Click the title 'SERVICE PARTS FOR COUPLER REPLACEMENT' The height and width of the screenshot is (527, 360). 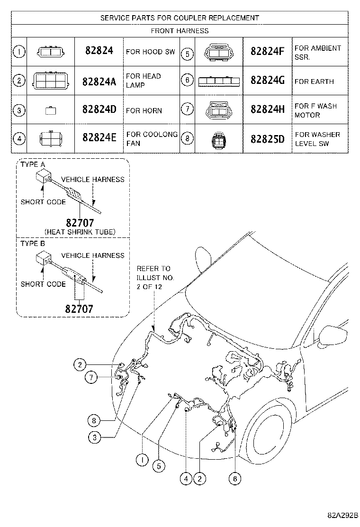[x=180, y=18]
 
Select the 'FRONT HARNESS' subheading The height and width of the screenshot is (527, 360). [x=180, y=31]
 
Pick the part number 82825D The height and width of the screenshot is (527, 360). [x=267, y=139]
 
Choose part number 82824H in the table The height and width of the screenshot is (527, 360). [x=267, y=110]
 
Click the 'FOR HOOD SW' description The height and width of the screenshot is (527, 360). [x=150, y=52]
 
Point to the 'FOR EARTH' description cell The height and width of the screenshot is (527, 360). [x=314, y=82]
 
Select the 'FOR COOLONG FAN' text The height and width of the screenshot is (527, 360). [x=152, y=139]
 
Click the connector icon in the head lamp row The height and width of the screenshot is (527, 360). [x=51, y=81]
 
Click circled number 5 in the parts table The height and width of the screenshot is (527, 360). [x=188, y=54]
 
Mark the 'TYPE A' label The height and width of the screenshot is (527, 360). [x=33, y=164]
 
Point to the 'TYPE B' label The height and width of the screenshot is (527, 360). [x=33, y=244]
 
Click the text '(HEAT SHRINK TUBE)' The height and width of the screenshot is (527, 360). [x=80, y=232]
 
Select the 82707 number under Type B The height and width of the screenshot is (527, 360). [x=79, y=309]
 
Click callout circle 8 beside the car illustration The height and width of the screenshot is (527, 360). [x=94, y=420]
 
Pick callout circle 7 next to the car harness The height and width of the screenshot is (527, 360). [x=92, y=377]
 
